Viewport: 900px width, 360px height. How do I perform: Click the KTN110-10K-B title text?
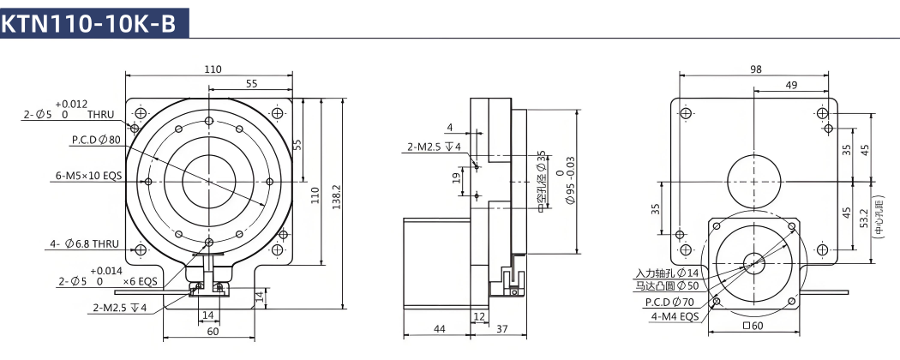[89, 24]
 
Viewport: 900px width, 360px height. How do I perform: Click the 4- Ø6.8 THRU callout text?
[84, 244]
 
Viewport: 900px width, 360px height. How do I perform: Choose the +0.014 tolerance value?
[106, 271]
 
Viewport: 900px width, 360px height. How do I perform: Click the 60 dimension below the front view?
[208, 332]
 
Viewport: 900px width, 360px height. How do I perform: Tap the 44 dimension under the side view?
[439, 329]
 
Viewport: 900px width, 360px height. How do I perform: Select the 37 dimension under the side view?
[502, 329]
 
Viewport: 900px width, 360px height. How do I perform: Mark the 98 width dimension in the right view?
[756, 69]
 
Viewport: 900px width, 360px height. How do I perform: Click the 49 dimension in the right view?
[791, 85]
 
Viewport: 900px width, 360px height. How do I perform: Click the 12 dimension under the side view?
[479, 315]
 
